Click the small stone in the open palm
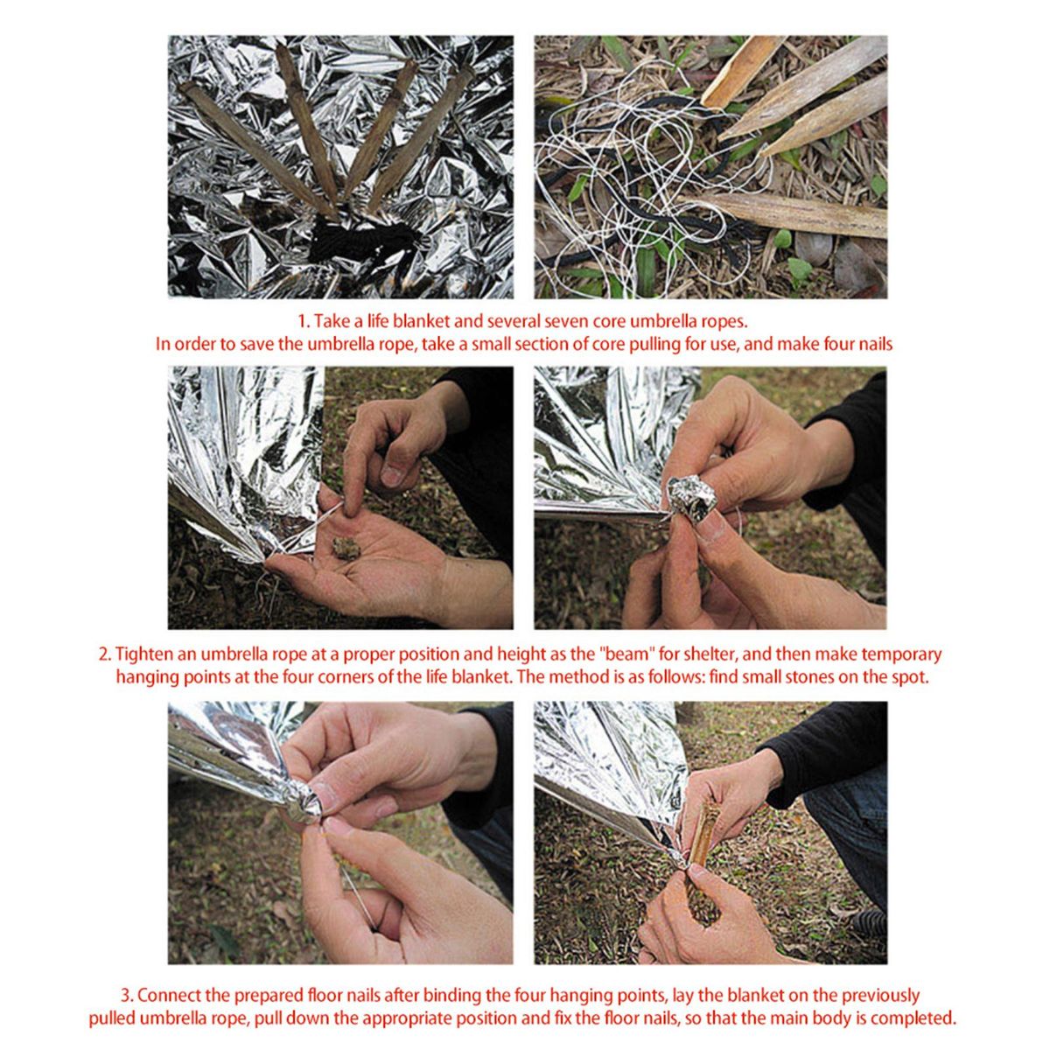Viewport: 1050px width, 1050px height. (344, 549)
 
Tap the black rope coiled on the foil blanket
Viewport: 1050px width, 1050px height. (362, 240)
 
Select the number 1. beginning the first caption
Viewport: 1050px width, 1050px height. (303, 321)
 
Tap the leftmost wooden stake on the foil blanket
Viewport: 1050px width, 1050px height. (258, 148)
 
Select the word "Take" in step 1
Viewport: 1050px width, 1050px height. (332, 321)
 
